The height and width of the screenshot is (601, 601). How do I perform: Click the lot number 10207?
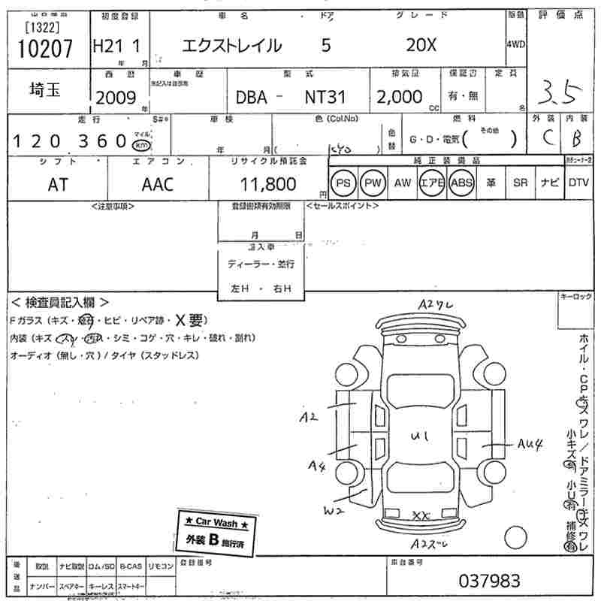[45, 49]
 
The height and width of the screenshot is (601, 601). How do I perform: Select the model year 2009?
[116, 98]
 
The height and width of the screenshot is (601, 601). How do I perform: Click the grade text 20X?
[421, 45]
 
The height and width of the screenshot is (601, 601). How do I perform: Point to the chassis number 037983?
[489, 581]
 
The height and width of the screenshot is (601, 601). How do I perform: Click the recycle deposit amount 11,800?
[268, 184]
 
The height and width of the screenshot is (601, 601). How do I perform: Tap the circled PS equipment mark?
[343, 183]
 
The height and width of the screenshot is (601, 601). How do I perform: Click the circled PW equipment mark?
[372, 183]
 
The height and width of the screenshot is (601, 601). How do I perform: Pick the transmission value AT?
[57, 184]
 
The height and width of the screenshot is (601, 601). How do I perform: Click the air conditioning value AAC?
[158, 184]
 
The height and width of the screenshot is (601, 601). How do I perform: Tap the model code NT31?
[325, 98]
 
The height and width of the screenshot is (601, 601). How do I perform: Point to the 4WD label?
[516, 44]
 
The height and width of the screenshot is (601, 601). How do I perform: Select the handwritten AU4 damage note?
[529, 443]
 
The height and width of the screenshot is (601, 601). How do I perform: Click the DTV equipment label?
[578, 183]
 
